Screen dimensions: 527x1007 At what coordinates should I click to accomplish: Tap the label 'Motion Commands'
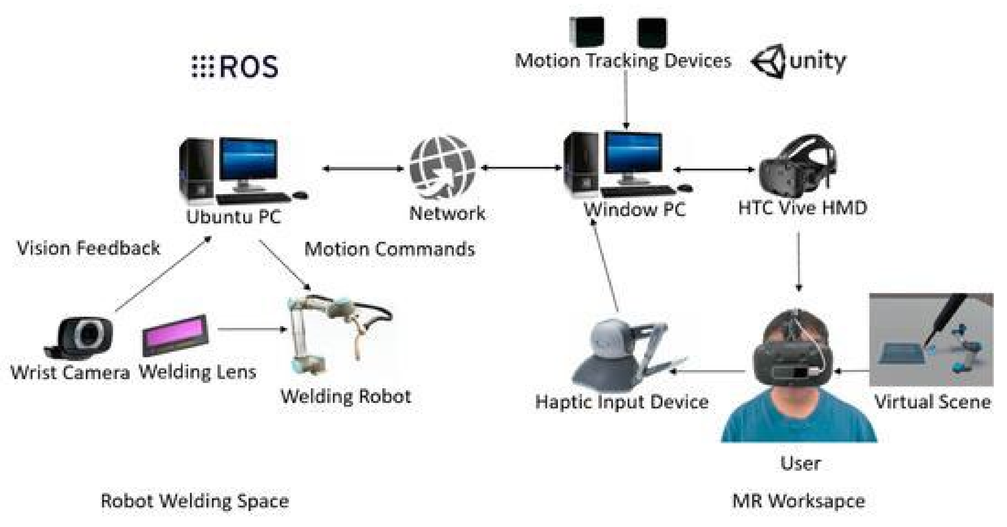pyautogui.click(x=389, y=249)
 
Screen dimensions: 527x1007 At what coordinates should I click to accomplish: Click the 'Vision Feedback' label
pyautogui.click(x=89, y=248)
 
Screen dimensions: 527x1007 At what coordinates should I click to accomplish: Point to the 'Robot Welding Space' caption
pyautogui.click(x=195, y=501)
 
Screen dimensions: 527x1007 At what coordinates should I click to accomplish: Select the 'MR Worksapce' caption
pyautogui.click(x=799, y=501)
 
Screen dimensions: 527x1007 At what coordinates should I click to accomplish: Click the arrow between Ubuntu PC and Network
pyautogui.click(x=364, y=169)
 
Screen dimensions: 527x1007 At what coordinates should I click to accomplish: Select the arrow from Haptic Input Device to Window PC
pyautogui.click(x=605, y=266)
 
